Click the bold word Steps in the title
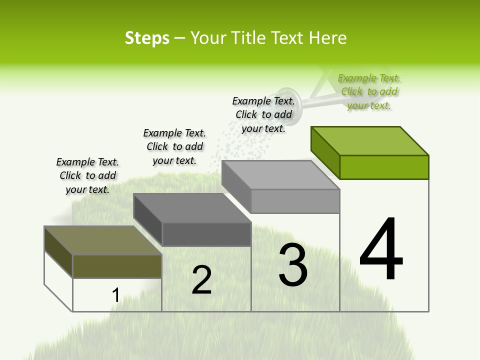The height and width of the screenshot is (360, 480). tap(147, 38)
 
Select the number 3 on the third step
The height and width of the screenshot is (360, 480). tap(293, 265)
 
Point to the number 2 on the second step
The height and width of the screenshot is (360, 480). tap(201, 280)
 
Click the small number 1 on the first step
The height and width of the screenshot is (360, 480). tap(115, 295)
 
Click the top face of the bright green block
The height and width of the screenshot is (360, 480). tap(370, 140)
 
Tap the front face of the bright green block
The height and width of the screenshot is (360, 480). tap(384, 167)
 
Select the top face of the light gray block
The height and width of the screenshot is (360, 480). tap(280, 175)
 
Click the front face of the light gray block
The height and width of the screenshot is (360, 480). tap(295, 201)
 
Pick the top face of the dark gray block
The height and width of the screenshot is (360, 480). tap(192, 208)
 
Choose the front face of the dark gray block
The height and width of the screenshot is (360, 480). tap(206, 234)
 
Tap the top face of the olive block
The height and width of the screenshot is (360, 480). tap(103, 240)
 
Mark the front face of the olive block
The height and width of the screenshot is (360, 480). tap(117, 266)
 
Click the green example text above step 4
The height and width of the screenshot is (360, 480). tap(369, 91)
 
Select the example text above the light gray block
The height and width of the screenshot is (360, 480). tap(263, 114)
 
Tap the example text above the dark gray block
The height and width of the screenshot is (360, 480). tap(174, 146)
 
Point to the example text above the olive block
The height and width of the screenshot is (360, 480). tap(87, 175)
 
